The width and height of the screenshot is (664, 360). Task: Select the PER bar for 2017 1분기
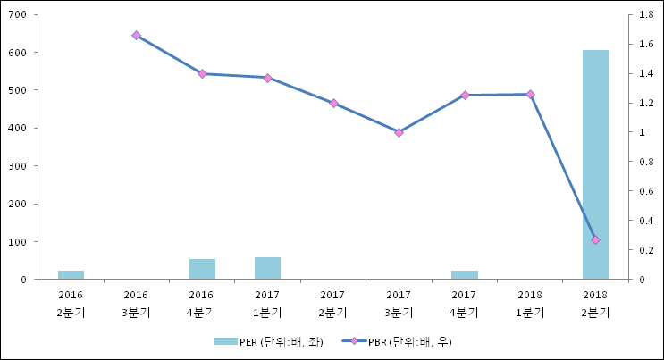(x=267, y=268)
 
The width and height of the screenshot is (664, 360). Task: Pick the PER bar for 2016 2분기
(x=71, y=274)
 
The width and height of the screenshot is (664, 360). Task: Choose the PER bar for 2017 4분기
(x=464, y=274)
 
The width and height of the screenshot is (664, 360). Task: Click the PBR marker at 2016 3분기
(x=136, y=36)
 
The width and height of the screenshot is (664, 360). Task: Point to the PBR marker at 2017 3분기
(x=399, y=132)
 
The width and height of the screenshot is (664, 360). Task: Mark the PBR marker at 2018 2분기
(x=595, y=239)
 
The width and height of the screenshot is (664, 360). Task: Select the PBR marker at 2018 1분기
(x=530, y=94)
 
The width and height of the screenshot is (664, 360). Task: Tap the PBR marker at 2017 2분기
(x=333, y=104)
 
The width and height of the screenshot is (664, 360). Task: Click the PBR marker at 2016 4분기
(x=202, y=74)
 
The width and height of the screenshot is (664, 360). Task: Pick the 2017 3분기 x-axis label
(x=399, y=304)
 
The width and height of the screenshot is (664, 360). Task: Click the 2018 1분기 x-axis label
(x=530, y=304)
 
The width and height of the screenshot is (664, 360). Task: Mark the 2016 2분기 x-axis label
(x=71, y=304)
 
